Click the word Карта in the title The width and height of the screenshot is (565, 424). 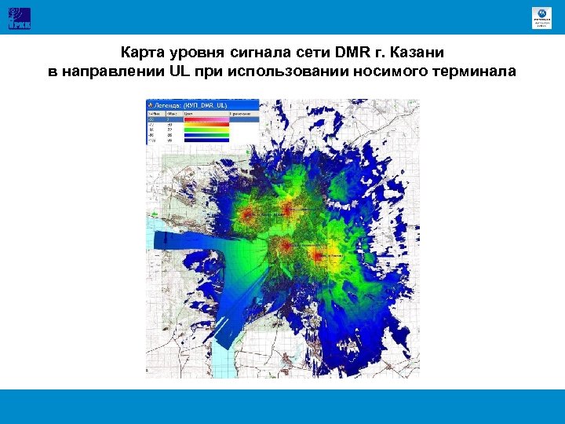140,54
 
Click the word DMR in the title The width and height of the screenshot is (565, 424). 350,54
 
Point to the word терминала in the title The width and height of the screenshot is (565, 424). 472,72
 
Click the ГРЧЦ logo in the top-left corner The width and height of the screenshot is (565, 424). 19,16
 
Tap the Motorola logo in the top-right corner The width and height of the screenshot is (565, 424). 541,17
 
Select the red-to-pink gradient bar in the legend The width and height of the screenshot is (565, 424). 206,117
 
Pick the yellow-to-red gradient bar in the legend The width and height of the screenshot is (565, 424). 206,123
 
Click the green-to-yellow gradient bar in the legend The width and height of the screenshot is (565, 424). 206,130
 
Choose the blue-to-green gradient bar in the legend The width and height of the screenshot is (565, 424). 206,136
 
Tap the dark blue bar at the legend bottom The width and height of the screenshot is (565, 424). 206,142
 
